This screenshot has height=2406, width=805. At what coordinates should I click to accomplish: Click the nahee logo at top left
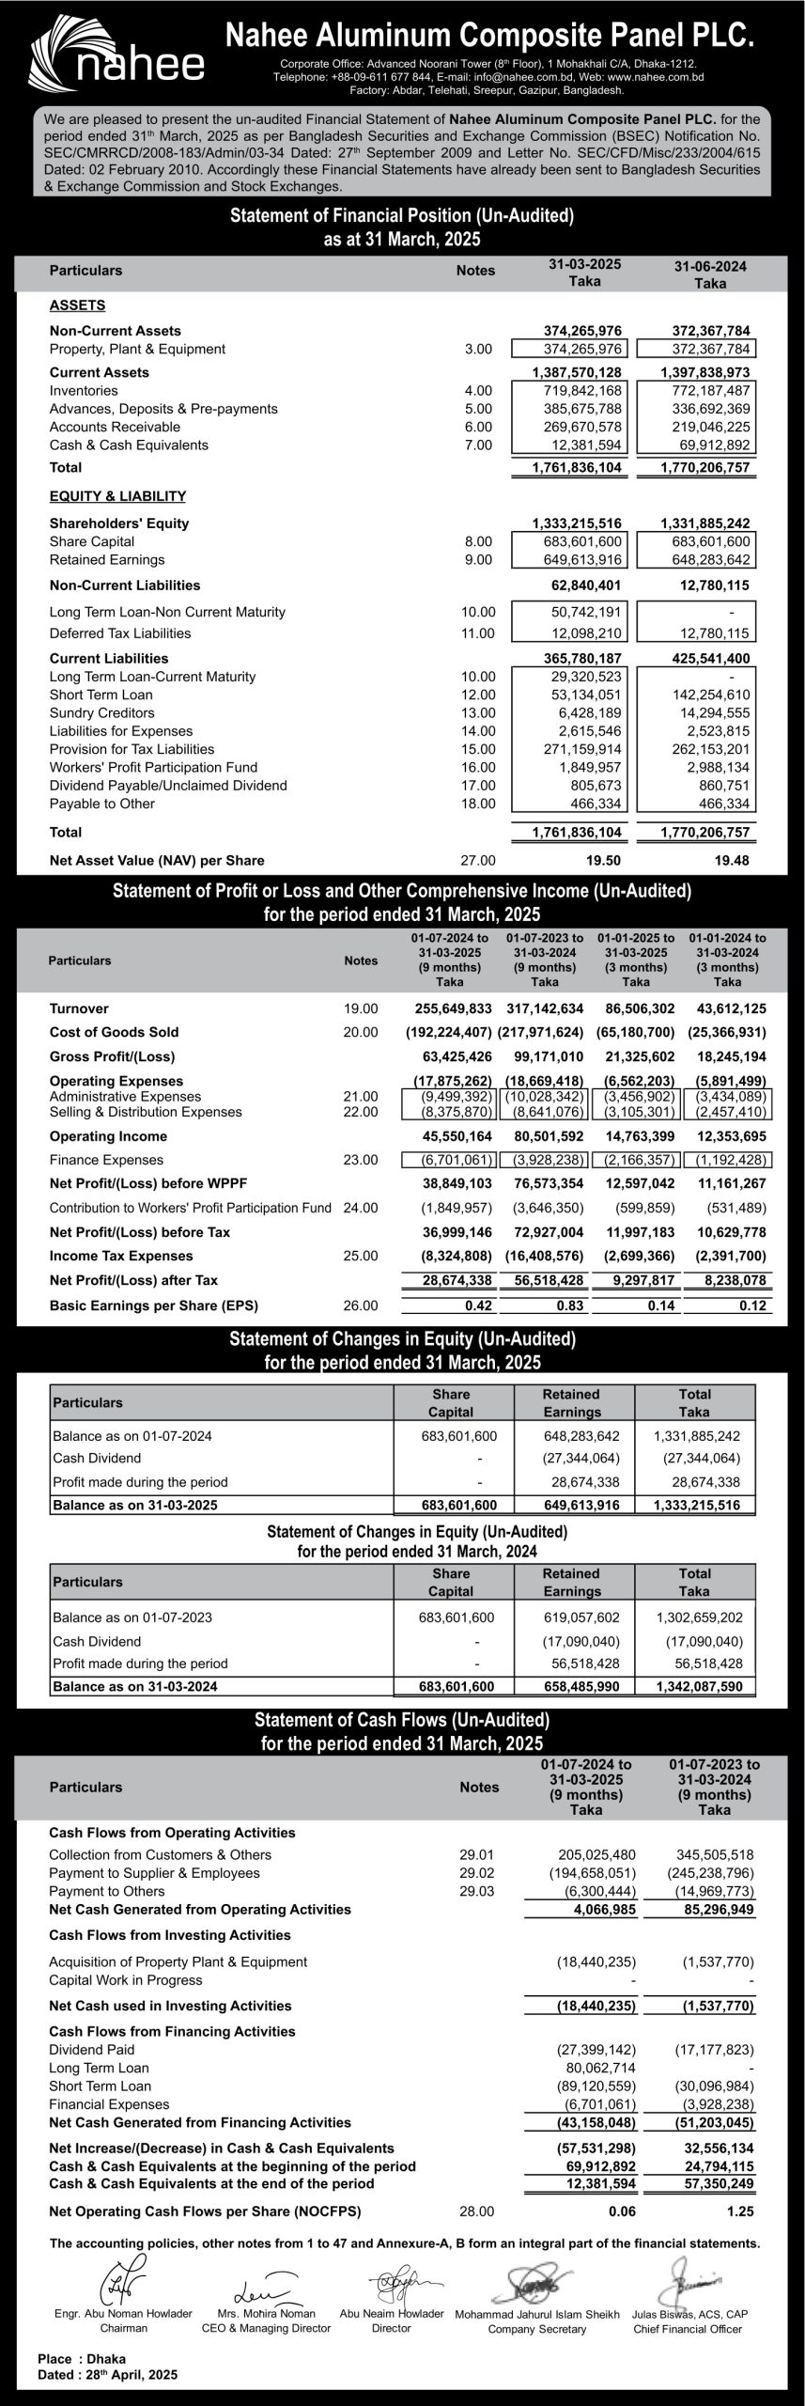[117, 55]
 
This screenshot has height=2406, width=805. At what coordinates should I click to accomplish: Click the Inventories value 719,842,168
[582, 391]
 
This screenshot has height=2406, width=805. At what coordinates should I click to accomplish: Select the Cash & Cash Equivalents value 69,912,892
[711, 445]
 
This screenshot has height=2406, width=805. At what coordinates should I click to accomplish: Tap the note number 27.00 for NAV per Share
[477, 860]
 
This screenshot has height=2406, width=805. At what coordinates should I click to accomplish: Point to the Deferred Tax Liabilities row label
[120, 633]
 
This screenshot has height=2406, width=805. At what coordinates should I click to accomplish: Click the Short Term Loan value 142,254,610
[711, 695]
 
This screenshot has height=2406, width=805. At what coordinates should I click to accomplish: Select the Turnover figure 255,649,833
[453, 1008]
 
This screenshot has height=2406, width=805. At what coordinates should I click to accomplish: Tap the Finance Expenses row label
[106, 1160]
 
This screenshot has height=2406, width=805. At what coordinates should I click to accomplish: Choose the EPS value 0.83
[569, 1305]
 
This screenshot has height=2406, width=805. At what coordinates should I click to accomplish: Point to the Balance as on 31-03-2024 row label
[135, 1686]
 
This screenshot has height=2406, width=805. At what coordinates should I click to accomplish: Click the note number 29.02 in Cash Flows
[476, 1873]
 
